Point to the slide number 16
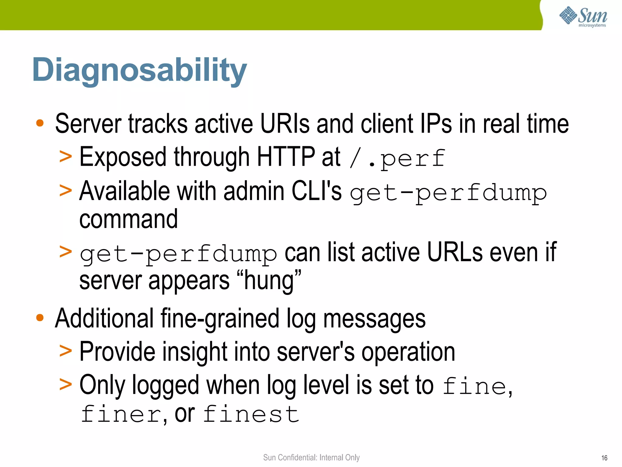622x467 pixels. click(604, 458)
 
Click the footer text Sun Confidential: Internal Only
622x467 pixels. click(311, 458)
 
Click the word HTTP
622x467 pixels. click(286, 157)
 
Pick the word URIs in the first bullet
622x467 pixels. click(285, 124)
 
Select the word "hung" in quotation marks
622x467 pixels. click(268, 280)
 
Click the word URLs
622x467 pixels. click(455, 252)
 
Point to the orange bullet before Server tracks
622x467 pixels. click(40, 123)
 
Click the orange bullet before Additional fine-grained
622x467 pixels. click(40, 318)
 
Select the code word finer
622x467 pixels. click(121, 414)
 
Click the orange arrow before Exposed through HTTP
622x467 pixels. click(66, 157)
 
